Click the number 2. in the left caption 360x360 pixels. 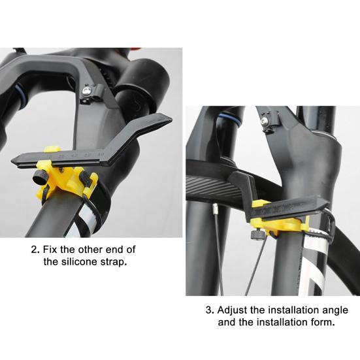point(35,250)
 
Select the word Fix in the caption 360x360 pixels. point(52,250)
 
